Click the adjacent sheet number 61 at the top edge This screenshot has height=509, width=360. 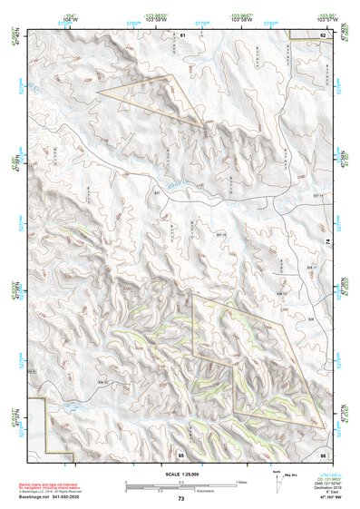coord(181,34)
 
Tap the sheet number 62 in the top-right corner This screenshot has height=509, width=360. coord(322,34)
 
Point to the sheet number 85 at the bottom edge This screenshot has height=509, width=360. coord(181,453)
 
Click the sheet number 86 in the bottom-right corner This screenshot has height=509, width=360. coord(322,453)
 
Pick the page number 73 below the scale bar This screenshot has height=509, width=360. coord(181,499)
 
